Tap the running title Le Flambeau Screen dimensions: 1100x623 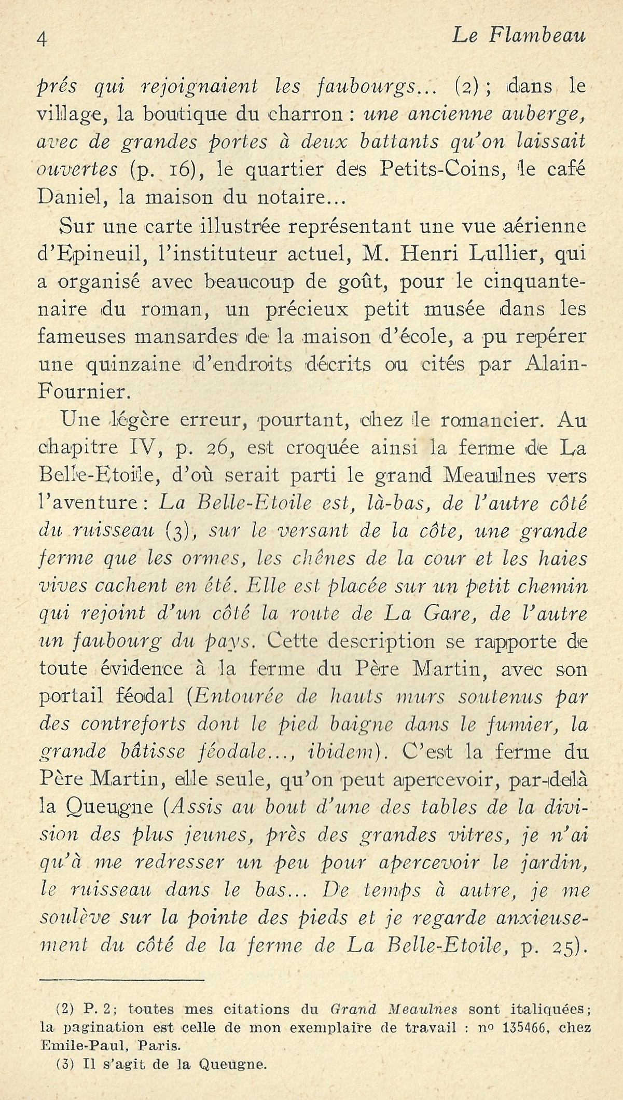pyautogui.click(x=518, y=36)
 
